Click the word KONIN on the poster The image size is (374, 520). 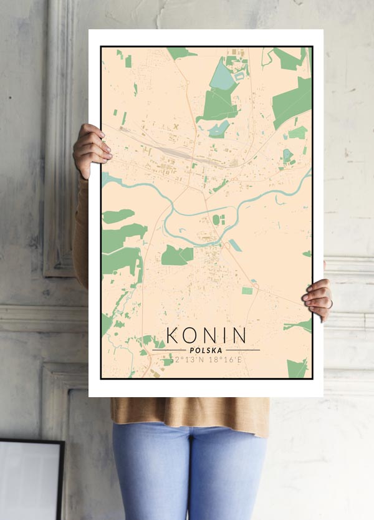pos(206,335)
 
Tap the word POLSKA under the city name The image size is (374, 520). pos(206,350)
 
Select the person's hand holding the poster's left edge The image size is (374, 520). pos(91,149)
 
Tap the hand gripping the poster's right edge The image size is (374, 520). pos(318,299)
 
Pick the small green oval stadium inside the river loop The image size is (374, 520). pos(216,219)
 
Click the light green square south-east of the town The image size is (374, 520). pos(247,291)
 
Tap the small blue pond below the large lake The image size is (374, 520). pos(220,129)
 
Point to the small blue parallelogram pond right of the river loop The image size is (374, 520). pos(235,245)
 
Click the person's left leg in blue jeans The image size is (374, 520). pos(150,474)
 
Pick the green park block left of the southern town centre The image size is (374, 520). pos(177,254)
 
